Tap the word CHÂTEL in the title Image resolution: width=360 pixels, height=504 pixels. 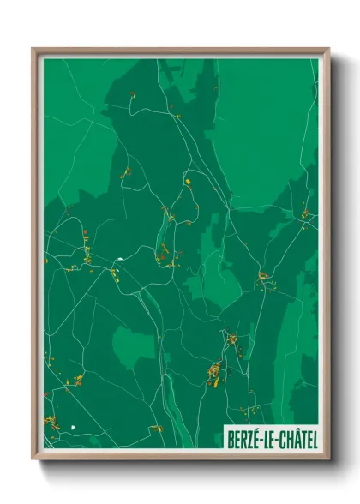[296, 439]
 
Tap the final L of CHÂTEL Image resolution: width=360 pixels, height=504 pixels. [313, 439]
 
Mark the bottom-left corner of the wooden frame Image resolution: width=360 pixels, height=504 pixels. [33, 460]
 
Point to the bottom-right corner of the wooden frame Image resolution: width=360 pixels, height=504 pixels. [328, 460]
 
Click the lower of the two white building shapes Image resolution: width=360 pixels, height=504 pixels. [75, 424]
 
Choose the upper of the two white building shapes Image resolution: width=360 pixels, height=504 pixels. [121, 259]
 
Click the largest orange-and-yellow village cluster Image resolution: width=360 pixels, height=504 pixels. [214, 372]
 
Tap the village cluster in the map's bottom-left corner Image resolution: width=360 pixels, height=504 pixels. [51, 421]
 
